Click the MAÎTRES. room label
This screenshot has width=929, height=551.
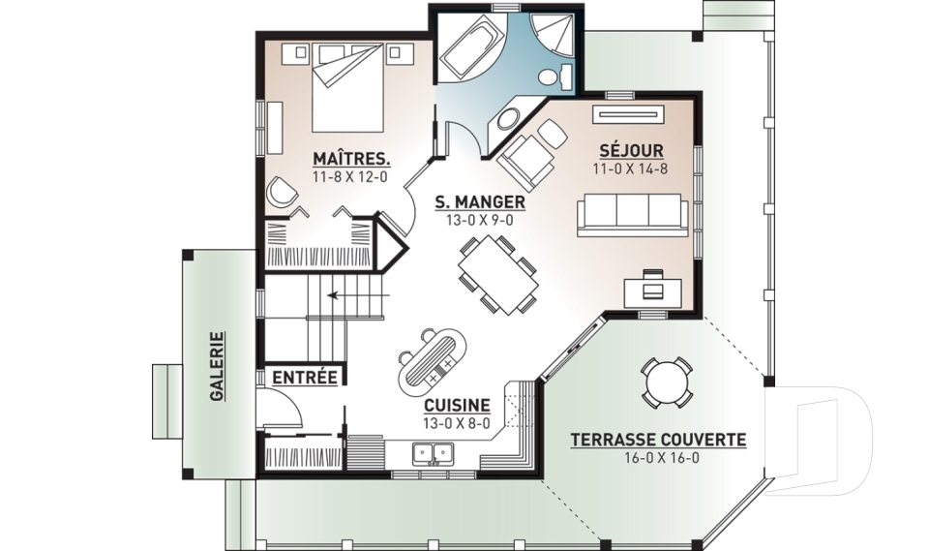pyautogui.click(x=351, y=159)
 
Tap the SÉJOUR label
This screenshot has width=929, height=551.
pyautogui.click(x=631, y=151)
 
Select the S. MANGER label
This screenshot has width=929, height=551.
pyautogui.click(x=480, y=202)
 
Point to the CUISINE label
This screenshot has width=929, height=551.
pyautogui.click(x=457, y=405)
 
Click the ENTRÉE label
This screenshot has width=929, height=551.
pyautogui.click(x=305, y=378)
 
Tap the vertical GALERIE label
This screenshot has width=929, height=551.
pyautogui.click(x=218, y=366)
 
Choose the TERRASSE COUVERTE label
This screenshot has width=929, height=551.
pyautogui.click(x=658, y=440)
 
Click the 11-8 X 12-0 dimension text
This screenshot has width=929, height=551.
pyautogui.click(x=349, y=177)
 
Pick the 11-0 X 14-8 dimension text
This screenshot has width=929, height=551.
pyautogui.click(x=630, y=169)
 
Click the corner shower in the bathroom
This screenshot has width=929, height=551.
pyautogui.click(x=553, y=35)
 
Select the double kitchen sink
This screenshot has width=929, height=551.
pyautogui.click(x=434, y=454)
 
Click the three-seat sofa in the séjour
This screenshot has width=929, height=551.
pyautogui.click(x=633, y=215)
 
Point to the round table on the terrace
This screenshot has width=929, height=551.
pyautogui.click(x=667, y=383)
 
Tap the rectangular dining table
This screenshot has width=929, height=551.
pyautogui.click(x=498, y=275)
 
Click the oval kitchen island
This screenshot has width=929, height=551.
pyautogui.click(x=433, y=362)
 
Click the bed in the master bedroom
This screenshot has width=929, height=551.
pyautogui.click(x=347, y=88)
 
